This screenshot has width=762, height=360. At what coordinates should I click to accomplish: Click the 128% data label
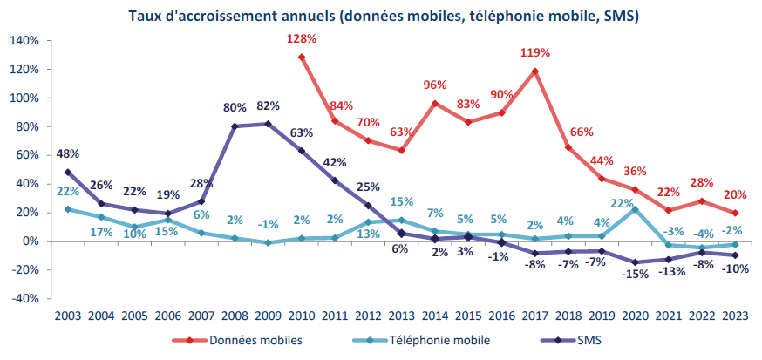pos(301,39)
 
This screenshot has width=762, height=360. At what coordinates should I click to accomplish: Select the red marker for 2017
pos(534,71)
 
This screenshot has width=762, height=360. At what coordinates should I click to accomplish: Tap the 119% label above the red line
pos(534,53)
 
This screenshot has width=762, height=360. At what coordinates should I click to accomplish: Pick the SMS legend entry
pos(586,341)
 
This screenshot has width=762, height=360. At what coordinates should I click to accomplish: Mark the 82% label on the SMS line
pos(268,106)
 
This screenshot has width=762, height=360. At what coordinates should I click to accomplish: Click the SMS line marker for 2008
pos(235,126)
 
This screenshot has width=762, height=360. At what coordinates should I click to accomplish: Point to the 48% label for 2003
pos(68,154)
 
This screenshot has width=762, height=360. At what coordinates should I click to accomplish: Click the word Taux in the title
pos(144,16)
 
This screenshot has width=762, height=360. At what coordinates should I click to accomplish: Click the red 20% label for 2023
pos(735,194)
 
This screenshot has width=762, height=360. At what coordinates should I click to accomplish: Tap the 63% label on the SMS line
pos(301,133)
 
